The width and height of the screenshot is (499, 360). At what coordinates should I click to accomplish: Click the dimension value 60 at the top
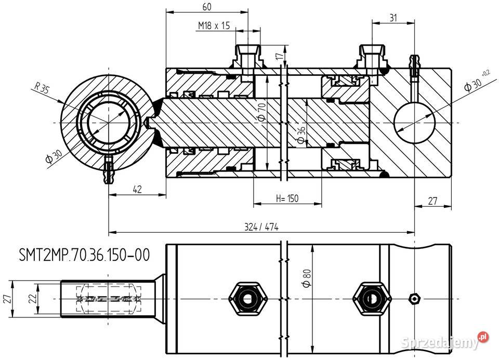pos(206,7)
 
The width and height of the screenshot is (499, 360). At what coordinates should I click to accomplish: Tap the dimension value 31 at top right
pos(393,18)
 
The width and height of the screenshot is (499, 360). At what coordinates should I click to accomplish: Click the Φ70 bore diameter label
pos(261,112)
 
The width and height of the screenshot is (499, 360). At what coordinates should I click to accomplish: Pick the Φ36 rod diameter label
pos(300,135)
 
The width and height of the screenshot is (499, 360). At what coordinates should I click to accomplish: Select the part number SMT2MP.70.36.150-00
pos(84,255)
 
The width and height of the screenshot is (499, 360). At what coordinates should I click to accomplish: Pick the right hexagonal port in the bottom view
pos(370,299)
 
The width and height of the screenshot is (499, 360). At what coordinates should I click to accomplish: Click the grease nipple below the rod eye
pos(109,172)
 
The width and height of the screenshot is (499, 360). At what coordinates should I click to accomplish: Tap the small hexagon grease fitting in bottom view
pos(414,299)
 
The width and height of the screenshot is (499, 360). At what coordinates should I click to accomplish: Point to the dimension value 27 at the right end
pos(432,201)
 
